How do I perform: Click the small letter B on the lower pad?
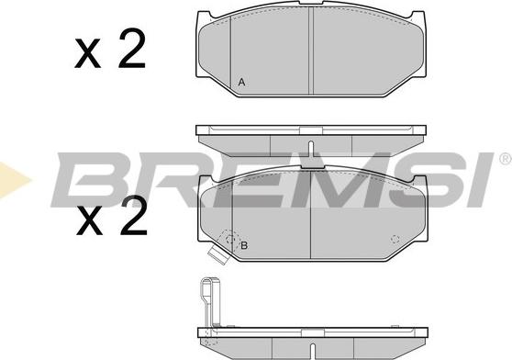pos(244,245)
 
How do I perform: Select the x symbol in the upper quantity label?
pos(88,57)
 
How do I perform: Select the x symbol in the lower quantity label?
pos(88,222)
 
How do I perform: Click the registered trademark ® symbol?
pos(504,162)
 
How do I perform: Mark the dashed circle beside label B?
pos(228,240)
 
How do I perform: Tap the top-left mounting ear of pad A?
pos(210,17)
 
